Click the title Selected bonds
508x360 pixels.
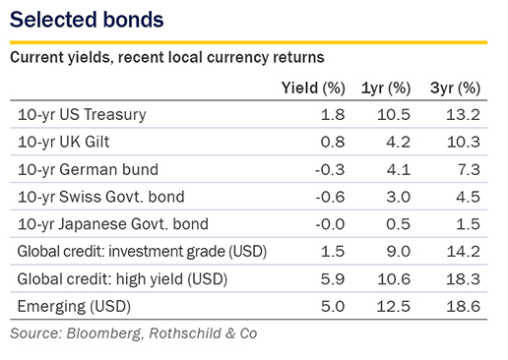click(87, 20)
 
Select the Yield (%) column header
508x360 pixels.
click(313, 89)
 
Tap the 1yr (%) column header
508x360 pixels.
click(386, 89)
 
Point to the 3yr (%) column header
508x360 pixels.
click(455, 89)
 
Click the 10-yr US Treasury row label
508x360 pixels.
click(82, 115)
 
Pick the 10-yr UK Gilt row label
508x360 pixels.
click(63, 142)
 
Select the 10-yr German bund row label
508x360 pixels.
click(88, 169)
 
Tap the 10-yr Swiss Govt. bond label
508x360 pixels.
click(100, 197)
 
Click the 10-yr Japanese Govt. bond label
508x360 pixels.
click(113, 224)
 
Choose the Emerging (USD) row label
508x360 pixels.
click(74, 307)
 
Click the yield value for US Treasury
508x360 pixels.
click(333, 115)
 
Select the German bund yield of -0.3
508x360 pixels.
click(330, 170)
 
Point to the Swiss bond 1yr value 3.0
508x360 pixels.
click(398, 197)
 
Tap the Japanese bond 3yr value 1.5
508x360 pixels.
click(468, 224)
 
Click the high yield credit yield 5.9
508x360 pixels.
click(333, 279)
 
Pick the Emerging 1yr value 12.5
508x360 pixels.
click(393, 307)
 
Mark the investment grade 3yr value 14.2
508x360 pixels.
click(463, 252)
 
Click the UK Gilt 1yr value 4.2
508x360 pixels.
click(398, 143)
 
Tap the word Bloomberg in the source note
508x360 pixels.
click(104, 333)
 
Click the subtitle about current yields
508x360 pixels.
click(167, 58)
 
